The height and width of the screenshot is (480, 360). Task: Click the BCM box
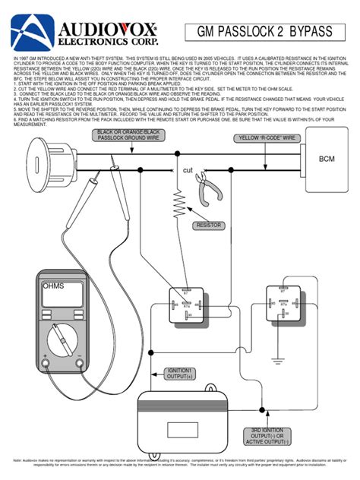point(327,159)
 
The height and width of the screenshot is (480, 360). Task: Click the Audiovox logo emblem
point(28,31)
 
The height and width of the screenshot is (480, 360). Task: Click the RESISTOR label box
point(207,225)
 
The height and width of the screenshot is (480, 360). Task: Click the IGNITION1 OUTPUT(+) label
point(179,374)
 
